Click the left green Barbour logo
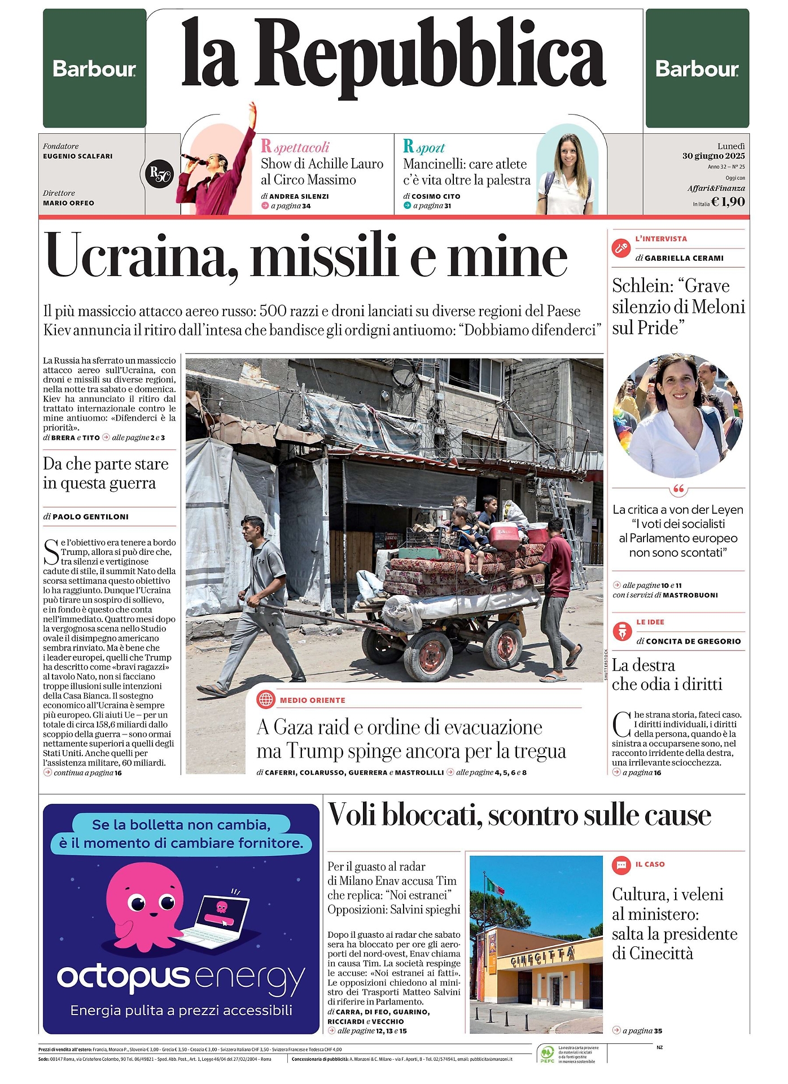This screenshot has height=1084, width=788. pos(94,69)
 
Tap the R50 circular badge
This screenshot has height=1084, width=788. pos(159,175)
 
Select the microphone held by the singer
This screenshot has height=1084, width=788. pos(192,159)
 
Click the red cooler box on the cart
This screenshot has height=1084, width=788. pos(504,536)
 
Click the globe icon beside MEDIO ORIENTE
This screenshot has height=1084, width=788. pos(266,700)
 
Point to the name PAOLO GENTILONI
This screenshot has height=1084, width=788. pos(90,517)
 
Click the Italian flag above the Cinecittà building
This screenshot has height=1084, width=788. pos(495,885)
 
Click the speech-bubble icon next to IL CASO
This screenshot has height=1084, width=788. pos(621,864)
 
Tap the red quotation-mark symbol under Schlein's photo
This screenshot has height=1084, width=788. pos(678,488)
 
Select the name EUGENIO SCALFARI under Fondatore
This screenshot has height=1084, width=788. pos(78,156)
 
